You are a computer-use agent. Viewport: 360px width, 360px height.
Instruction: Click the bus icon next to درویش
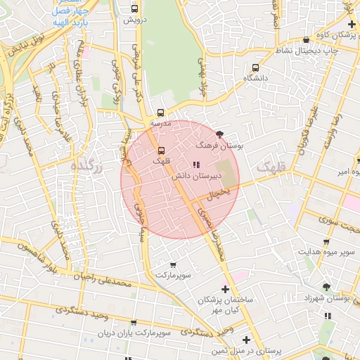[x=135, y=9]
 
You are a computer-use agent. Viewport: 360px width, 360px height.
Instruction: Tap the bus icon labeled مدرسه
[x=161, y=112]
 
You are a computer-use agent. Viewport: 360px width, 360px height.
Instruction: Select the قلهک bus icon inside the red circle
[x=161, y=150]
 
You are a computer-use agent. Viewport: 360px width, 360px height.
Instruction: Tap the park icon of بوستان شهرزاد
[x=326, y=286]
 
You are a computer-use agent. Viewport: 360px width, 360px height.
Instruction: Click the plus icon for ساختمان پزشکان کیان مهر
[x=225, y=288]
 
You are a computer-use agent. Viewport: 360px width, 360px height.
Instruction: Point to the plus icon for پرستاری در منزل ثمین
[x=246, y=339]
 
